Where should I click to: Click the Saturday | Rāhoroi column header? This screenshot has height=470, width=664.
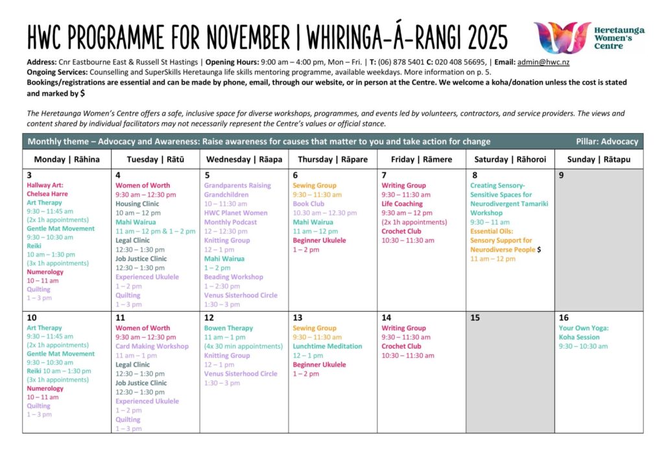click(x=510, y=159)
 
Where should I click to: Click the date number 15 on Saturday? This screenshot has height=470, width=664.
click(x=475, y=318)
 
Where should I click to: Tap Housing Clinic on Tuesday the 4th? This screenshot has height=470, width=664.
click(x=137, y=204)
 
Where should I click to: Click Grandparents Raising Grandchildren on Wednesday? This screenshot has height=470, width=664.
click(x=237, y=190)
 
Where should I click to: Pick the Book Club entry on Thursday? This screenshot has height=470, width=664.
click(x=309, y=204)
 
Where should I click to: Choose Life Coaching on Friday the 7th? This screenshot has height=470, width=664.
click(x=403, y=204)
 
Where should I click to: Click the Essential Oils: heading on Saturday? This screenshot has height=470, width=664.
click(x=492, y=231)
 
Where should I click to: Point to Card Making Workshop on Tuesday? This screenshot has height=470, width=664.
click(x=152, y=346)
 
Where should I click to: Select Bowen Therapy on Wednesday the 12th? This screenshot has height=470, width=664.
click(x=228, y=328)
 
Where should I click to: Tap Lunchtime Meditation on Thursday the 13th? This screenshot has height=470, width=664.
click(x=327, y=346)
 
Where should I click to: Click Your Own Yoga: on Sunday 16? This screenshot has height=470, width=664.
click(x=584, y=328)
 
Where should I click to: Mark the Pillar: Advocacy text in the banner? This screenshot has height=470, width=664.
click(x=606, y=142)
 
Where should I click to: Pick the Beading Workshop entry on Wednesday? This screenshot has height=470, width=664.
click(x=233, y=277)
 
